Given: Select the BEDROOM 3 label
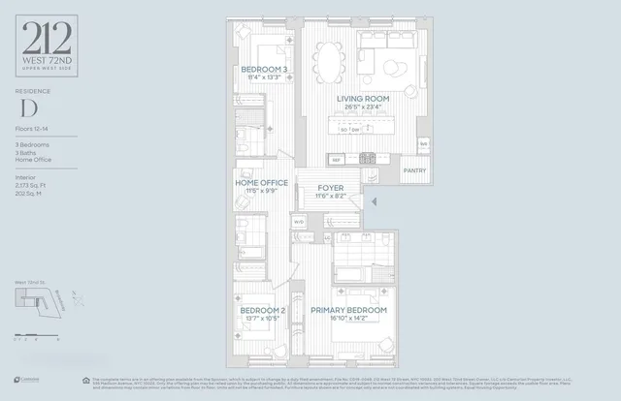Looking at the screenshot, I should pos(264,71).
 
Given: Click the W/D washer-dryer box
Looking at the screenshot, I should pos(299,221).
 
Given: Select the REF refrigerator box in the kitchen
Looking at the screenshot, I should pos(337,159).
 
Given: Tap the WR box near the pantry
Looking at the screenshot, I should pos(423,144).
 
